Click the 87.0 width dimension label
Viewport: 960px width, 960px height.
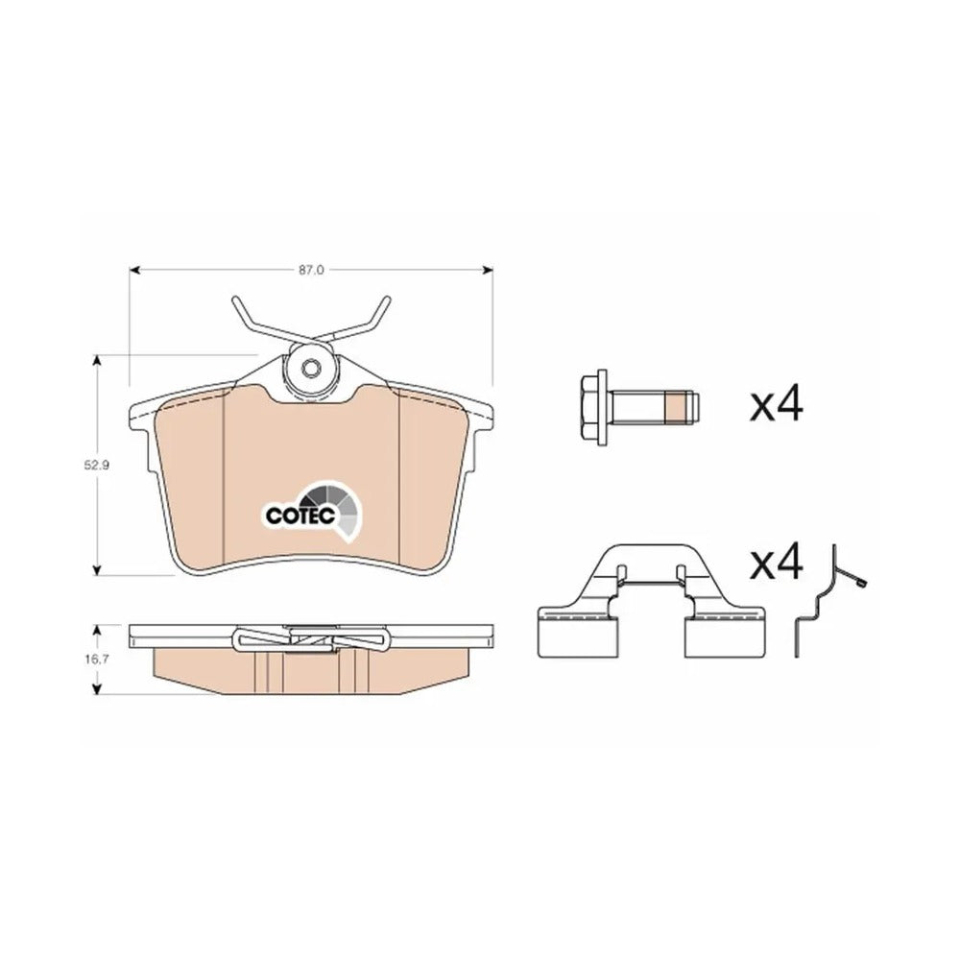tap(311, 270)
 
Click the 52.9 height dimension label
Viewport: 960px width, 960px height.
tap(96, 466)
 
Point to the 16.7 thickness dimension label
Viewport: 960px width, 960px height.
tap(96, 660)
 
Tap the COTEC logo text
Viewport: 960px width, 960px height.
tap(300, 515)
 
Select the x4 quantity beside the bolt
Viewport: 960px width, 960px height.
tap(777, 404)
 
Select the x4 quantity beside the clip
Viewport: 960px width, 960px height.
tap(777, 563)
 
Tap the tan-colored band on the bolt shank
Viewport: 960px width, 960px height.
tap(675, 408)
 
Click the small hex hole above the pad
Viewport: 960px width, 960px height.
tap(311, 368)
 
